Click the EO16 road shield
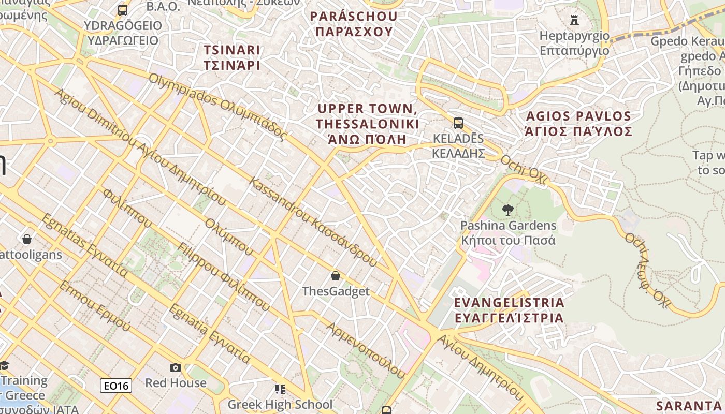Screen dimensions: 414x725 (x=116, y=386)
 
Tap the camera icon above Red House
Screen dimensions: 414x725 (x=176, y=367)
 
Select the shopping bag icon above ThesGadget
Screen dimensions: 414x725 (x=336, y=276)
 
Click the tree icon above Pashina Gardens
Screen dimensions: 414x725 (x=508, y=210)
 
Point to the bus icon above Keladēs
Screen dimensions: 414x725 (x=458, y=123)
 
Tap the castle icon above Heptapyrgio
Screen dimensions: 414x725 (x=574, y=20)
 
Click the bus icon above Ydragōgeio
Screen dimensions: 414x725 (x=123, y=10)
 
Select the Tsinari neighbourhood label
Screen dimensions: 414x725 (x=231, y=57)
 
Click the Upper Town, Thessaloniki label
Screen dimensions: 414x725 (x=368, y=124)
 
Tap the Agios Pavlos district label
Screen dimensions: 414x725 (x=578, y=124)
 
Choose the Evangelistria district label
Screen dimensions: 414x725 (x=509, y=310)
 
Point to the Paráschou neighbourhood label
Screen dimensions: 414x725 (x=354, y=24)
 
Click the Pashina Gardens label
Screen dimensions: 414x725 (x=509, y=233)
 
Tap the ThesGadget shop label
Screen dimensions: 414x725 (x=336, y=291)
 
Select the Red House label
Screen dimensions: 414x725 (x=176, y=383)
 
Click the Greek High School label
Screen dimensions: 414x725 (x=280, y=404)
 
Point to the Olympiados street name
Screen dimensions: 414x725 (x=218, y=107)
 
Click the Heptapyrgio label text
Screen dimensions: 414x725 (x=574, y=43)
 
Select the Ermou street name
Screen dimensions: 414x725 (x=95, y=305)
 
